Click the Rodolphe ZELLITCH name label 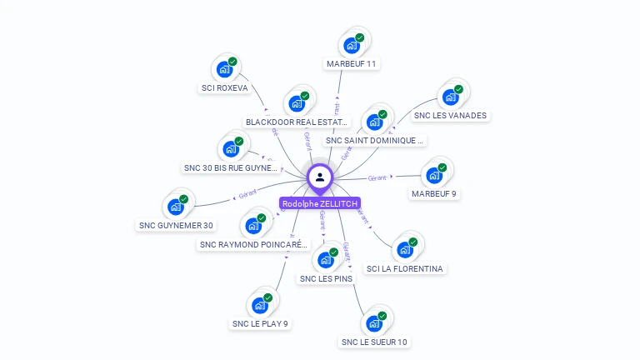coord(320,203)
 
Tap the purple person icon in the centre coord(320,177)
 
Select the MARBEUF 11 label coord(351,63)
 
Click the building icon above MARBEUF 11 coord(352,45)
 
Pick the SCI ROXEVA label coord(224,87)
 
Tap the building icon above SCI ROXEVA coord(224,69)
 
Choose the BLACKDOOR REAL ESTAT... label coord(296,122)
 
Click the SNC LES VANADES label coord(450,115)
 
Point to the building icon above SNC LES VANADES coord(451,96)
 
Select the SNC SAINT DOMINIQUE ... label coord(375,141)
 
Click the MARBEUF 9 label coord(434,193)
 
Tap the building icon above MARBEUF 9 coord(434,175)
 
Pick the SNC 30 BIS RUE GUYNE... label coord(230,167)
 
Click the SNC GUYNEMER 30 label coord(176,225)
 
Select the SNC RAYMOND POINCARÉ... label coord(253,244)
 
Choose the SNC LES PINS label coord(326,278)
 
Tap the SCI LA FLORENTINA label coord(405,268)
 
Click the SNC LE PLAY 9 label coord(260,323)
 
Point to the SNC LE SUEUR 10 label coord(374,342)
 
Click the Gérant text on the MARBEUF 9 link coord(377,177)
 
